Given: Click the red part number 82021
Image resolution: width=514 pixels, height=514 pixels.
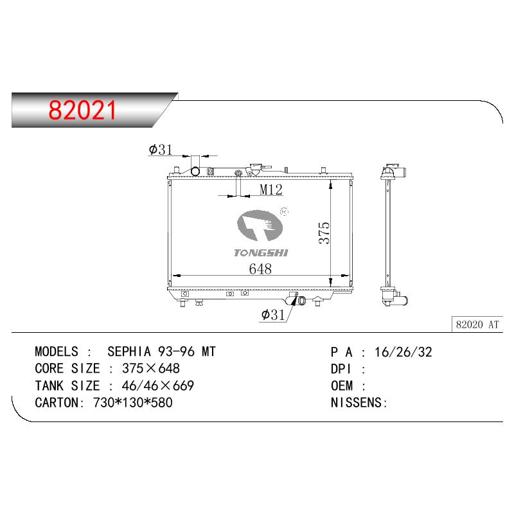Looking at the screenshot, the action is [x=82, y=110].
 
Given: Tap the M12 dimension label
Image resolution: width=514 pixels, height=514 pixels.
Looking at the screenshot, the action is [x=270, y=190].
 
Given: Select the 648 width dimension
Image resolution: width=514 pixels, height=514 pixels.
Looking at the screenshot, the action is [x=260, y=269].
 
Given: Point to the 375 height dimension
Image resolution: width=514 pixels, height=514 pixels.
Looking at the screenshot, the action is [x=324, y=233].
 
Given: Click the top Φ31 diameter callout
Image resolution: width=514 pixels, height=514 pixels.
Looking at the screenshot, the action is [x=161, y=150].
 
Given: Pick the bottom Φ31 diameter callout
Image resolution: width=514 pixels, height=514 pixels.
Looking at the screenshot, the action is [x=273, y=315].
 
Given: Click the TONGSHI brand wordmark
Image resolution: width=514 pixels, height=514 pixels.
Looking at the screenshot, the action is [x=261, y=253].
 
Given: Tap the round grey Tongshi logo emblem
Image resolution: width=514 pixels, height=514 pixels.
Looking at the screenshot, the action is [x=260, y=226].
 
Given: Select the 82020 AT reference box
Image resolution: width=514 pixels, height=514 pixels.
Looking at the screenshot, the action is [x=477, y=324].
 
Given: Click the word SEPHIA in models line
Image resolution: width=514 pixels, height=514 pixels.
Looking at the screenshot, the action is [x=129, y=351].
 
